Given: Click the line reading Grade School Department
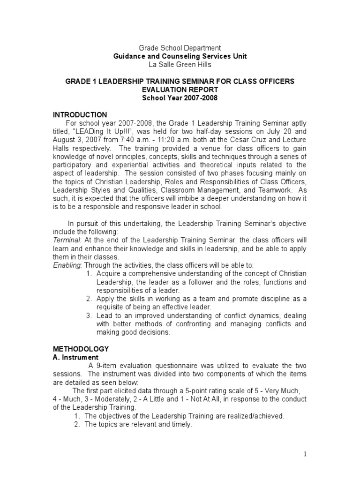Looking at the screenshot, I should (x=180, y=48).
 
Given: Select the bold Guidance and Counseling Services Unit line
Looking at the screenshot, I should (x=180, y=56).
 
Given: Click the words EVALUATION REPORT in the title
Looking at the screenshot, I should (x=180, y=90).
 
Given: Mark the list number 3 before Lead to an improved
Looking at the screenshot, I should (x=89, y=315).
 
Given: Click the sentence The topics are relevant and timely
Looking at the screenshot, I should (x=138, y=424).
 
